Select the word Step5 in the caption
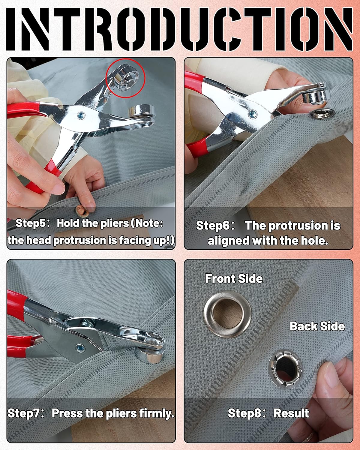point(29,223)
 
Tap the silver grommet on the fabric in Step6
point(317,113)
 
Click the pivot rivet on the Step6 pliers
point(252,113)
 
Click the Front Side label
point(234,279)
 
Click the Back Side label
point(317,326)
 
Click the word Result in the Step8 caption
point(291,413)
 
